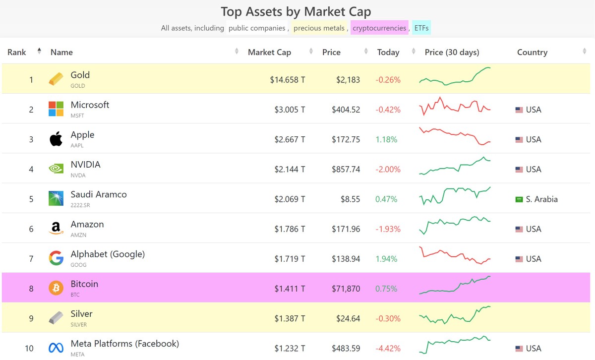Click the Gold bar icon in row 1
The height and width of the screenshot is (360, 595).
tap(56, 79)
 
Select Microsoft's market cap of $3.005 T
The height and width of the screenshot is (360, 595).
tap(290, 110)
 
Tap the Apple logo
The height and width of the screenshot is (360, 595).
tap(56, 139)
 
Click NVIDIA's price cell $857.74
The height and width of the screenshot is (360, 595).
tap(346, 169)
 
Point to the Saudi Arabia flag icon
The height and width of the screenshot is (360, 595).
tap(519, 199)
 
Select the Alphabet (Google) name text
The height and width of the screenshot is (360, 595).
tap(108, 254)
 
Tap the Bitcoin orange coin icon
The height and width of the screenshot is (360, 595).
tap(56, 288)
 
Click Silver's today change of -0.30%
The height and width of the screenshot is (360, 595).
tap(388, 318)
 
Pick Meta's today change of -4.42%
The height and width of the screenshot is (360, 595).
tap(388, 348)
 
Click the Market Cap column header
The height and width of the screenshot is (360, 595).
tap(269, 52)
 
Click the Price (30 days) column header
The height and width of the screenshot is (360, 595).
tap(452, 52)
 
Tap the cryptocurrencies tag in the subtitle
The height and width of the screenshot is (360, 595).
tap(379, 28)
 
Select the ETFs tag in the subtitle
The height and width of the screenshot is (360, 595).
tap(421, 28)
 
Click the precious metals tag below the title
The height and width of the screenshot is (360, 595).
tap(319, 28)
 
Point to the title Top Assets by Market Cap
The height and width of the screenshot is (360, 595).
tap(296, 11)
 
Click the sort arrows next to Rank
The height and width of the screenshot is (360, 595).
tap(39, 51)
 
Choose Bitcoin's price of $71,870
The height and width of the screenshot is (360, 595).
tap(346, 289)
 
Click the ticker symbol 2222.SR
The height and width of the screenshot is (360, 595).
tap(80, 205)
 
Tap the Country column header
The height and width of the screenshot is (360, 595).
tap(532, 52)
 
